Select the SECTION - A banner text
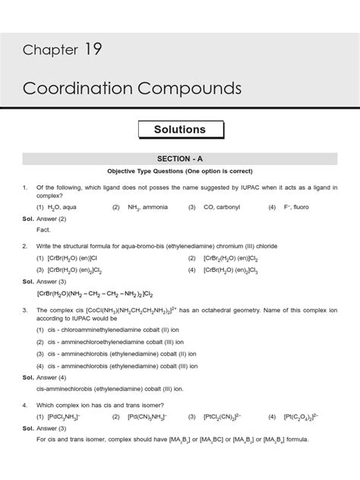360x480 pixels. click(180, 158)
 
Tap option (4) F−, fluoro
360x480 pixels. click(293, 207)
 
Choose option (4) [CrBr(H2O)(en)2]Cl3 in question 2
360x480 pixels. click(231, 270)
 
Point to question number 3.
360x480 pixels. click(25, 311)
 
